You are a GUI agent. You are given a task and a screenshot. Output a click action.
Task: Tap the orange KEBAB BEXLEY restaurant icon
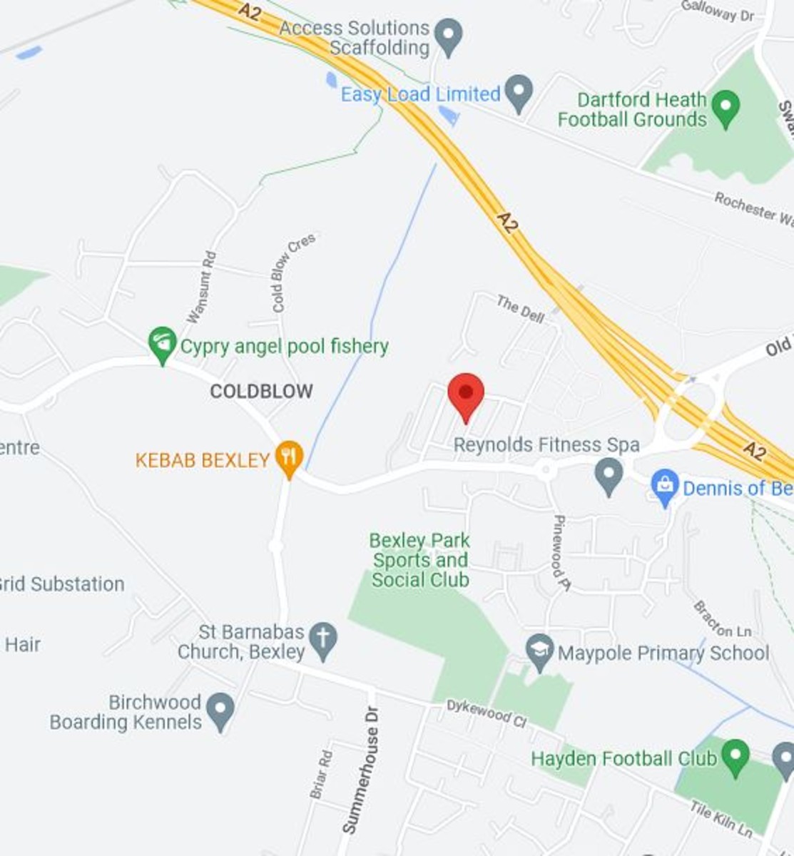click(x=289, y=457)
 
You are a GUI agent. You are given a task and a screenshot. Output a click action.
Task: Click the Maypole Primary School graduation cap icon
click(x=540, y=651)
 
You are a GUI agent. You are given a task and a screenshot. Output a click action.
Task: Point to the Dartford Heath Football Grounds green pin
click(x=726, y=108)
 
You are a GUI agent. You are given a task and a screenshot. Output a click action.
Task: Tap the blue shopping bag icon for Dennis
click(x=664, y=487)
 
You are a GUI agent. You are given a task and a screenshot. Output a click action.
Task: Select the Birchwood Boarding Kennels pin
click(x=220, y=710)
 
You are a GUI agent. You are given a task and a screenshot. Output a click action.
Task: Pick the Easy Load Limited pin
click(x=519, y=93)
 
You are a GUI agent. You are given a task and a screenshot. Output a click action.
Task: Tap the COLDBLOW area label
click(x=261, y=391)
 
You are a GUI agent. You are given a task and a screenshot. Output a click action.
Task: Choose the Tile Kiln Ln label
click(x=721, y=817)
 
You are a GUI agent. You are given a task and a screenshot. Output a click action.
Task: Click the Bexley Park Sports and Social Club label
click(x=420, y=560)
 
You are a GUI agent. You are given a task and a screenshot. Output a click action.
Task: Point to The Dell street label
click(x=520, y=309)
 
